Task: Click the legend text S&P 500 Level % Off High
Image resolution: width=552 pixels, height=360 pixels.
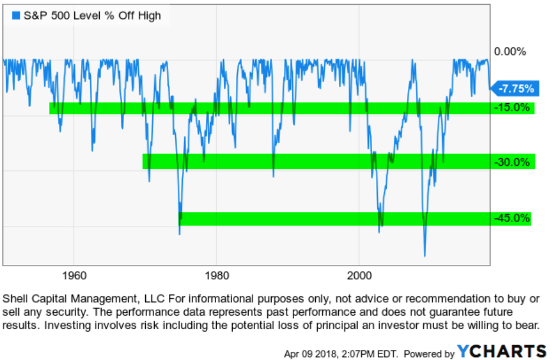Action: click(x=92, y=16)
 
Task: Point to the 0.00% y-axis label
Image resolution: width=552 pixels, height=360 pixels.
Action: click(x=509, y=52)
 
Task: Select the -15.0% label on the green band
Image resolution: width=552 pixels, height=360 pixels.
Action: click(x=511, y=107)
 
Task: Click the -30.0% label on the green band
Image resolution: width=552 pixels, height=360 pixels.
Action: click(x=511, y=162)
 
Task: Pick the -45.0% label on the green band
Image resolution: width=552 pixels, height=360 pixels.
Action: click(x=511, y=218)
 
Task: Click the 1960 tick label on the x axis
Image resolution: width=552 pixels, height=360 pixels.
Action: click(x=74, y=275)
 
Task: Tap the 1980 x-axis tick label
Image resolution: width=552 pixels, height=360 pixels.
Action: click(x=216, y=275)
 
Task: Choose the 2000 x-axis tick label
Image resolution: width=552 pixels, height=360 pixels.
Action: click(x=359, y=275)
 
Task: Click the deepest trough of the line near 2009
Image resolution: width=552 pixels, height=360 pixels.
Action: click(x=424, y=256)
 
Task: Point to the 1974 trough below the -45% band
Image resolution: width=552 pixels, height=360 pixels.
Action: click(x=179, y=234)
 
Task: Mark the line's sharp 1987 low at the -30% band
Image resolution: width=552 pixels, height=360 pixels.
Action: click(x=273, y=176)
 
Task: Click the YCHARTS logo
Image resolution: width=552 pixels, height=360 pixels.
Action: click(x=501, y=351)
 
